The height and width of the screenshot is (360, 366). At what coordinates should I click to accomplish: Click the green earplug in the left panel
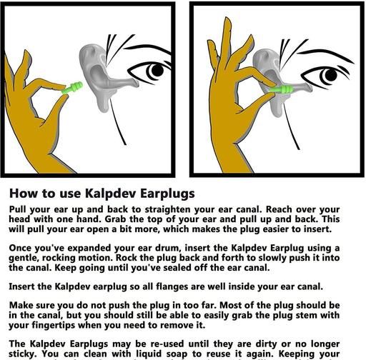[72, 88]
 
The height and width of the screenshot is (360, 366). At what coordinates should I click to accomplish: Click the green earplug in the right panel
[282, 90]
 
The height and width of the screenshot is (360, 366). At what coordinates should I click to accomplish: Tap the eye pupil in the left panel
[157, 70]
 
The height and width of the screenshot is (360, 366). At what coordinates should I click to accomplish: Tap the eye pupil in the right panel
[331, 75]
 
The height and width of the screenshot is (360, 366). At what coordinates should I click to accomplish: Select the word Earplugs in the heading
[167, 194]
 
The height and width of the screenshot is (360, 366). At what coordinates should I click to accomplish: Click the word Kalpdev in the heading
[111, 194]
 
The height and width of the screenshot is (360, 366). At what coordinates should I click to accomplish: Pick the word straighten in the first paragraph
[168, 210]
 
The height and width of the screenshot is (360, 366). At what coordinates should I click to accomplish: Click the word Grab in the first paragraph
[116, 219]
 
